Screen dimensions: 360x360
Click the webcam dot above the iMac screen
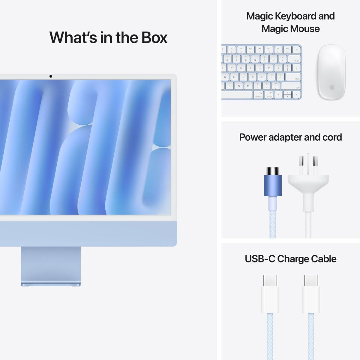51,76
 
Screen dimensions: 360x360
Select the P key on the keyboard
268,68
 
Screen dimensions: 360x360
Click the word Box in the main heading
151,37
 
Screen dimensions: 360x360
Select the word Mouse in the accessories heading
305,29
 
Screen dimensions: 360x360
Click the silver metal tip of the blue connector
272,171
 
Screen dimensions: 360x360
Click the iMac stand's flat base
51,283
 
